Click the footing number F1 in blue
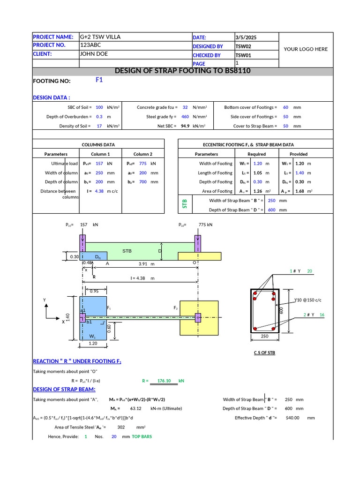tap(99, 80)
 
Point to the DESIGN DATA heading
tap(52, 97)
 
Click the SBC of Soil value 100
tap(99, 107)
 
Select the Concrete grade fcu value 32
tap(185, 107)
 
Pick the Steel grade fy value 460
tap(185, 117)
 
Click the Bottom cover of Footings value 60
tap(285, 107)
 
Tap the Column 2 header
tap(142, 154)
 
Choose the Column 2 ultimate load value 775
tap(143, 164)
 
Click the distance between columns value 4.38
tap(99, 191)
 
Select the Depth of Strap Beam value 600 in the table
tap(271, 210)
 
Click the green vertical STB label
tap(184, 204)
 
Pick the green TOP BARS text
tap(142, 436)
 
